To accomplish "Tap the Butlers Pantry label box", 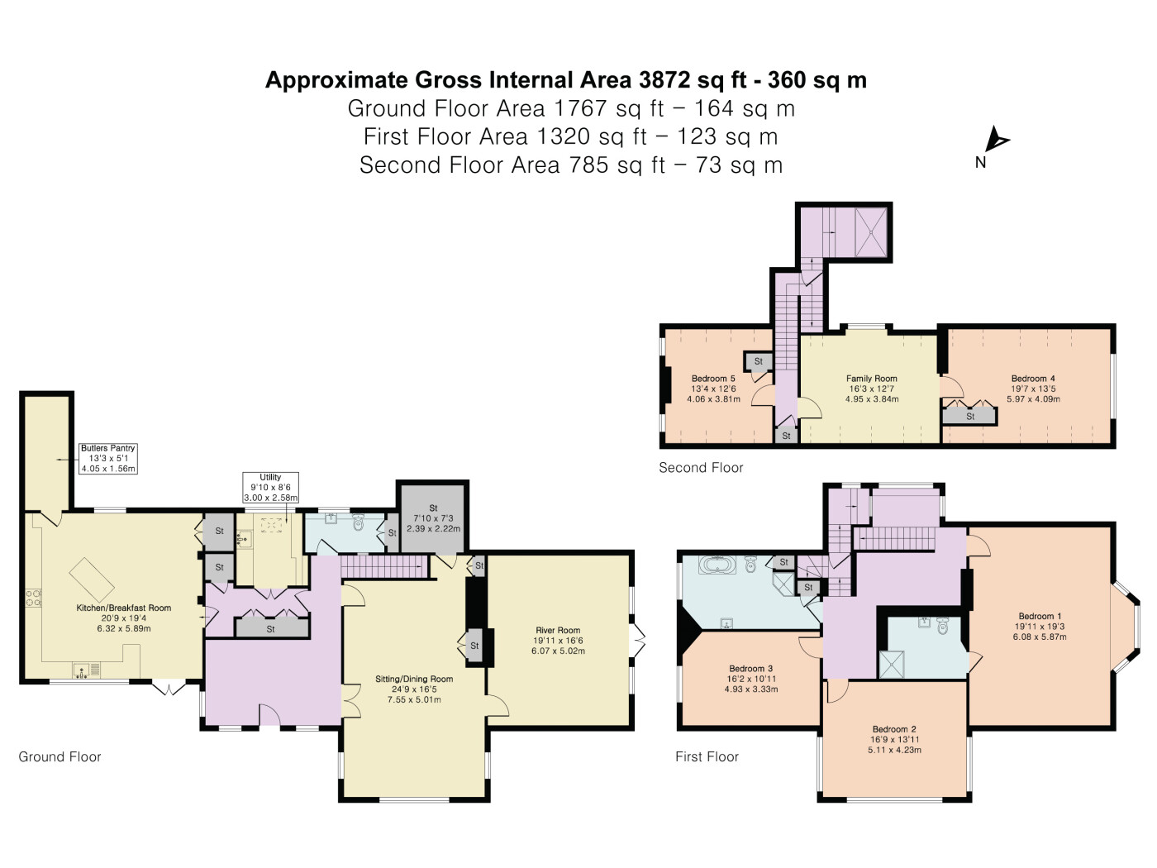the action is (108, 458).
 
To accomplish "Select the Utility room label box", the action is (270, 487).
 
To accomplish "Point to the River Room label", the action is (558, 641).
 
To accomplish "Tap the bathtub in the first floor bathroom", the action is (717, 565).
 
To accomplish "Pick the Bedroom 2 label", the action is (894, 739).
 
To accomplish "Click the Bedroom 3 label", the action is (751, 679).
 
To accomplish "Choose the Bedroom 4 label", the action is (1033, 389).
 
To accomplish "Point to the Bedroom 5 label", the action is (713, 389).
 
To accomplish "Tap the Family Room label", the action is (871, 389).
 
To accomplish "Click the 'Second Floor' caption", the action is (701, 467).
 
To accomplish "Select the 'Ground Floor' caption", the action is (60, 756).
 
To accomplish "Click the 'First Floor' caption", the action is (707, 756).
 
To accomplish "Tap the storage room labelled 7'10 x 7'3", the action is (433, 518).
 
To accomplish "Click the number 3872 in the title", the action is (664, 80).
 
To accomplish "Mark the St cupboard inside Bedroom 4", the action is (970, 416).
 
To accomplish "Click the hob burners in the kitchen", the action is (34, 599).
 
